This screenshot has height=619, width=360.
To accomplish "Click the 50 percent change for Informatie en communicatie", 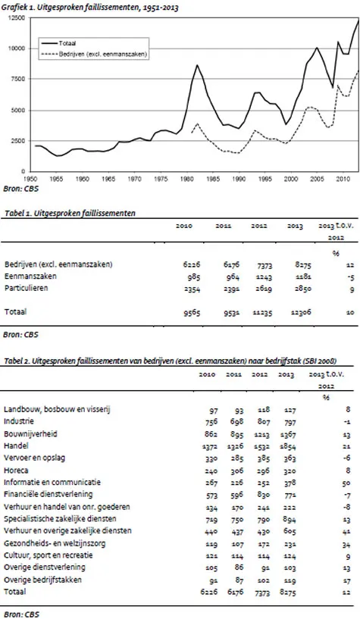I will (x=344, y=481).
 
